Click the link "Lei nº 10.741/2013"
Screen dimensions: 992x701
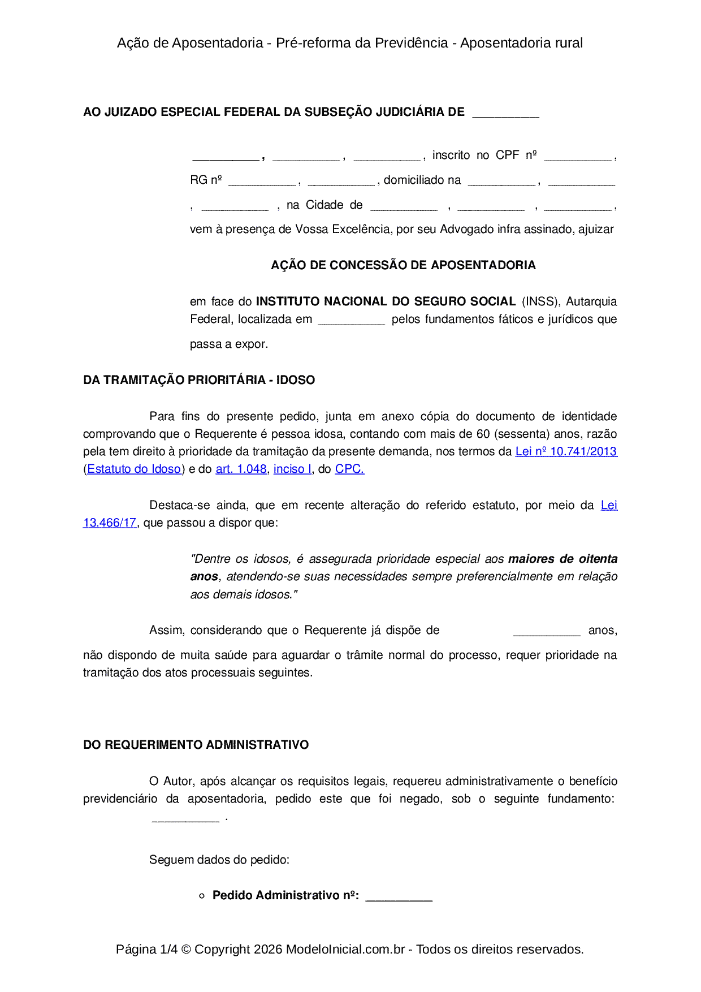point(566,451)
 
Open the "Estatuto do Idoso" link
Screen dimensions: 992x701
point(134,469)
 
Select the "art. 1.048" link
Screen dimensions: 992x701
point(241,469)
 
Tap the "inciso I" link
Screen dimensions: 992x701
point(292,469)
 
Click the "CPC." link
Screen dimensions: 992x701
point(349,469)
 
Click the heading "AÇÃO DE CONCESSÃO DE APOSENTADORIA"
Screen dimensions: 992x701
point(403,265)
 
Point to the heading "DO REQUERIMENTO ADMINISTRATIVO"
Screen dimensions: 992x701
point(196,745)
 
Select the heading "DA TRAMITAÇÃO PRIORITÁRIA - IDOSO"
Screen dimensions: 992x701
point(199,380)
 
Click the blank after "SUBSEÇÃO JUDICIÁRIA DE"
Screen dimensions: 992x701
point(505,114)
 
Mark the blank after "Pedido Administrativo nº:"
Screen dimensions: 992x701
point(399,897)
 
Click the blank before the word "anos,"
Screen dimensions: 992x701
point(546,632)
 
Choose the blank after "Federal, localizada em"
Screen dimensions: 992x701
point(351,321)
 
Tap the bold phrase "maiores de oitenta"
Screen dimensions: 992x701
point(562,559)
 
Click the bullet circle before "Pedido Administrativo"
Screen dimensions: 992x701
point(202,896)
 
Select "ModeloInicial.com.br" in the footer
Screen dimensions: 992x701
point(345,949)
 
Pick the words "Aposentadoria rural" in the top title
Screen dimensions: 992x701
point(521,43)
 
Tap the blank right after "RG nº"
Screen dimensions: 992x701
point(262,182)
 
